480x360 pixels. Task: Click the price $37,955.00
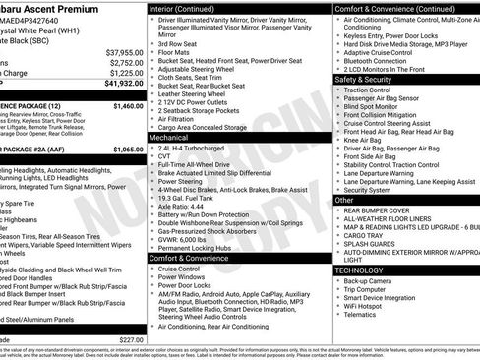pos(124,52)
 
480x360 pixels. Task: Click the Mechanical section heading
pos(170,139)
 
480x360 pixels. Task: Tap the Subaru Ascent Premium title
pos(45,7)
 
